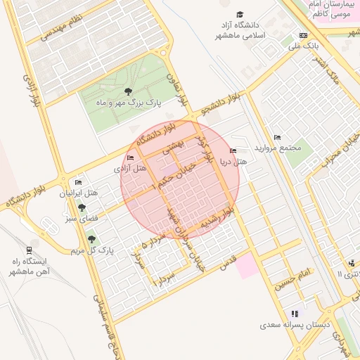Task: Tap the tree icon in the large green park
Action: [128, 91]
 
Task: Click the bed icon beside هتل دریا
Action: [233, 151]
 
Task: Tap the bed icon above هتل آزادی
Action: [129, 157]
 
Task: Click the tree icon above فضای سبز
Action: [82, 208]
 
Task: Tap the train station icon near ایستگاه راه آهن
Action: [28, 249]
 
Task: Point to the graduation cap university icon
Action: [240, 15]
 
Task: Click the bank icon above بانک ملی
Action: [303, 35]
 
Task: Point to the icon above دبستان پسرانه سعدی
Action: [294, 314]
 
